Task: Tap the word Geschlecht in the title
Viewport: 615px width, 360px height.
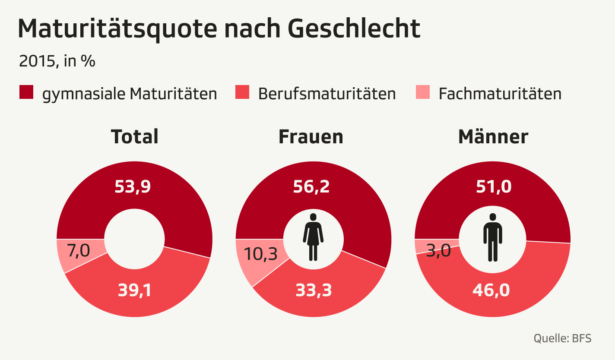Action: (353, 29)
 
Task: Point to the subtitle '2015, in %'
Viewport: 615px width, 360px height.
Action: (57, 61)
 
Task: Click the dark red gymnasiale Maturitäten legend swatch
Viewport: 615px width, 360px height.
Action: (26, 92)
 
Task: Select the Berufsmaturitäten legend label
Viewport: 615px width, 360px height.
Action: (327, 94)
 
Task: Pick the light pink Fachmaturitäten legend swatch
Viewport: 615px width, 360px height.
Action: (422, 92)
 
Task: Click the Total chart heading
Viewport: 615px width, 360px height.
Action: (135, 136)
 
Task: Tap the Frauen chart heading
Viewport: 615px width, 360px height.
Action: (311, 136)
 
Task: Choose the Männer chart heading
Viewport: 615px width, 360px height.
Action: (493, 136)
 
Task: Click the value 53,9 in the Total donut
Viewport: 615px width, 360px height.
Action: (133, 187)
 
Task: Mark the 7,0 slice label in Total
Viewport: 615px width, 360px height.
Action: (79, 251)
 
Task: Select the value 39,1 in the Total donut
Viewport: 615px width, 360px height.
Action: (135, 291)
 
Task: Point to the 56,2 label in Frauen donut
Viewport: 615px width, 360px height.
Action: (311, 187)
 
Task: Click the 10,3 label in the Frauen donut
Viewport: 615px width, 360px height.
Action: (260, 254)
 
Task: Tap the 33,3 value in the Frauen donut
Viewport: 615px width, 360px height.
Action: (314, 291)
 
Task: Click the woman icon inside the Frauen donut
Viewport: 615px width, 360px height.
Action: (313, 237)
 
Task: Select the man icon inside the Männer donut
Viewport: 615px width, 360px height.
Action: (492, 237)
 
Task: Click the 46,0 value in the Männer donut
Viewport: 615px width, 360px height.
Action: (492, 290)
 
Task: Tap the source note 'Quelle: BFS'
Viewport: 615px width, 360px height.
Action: (562, 338)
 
